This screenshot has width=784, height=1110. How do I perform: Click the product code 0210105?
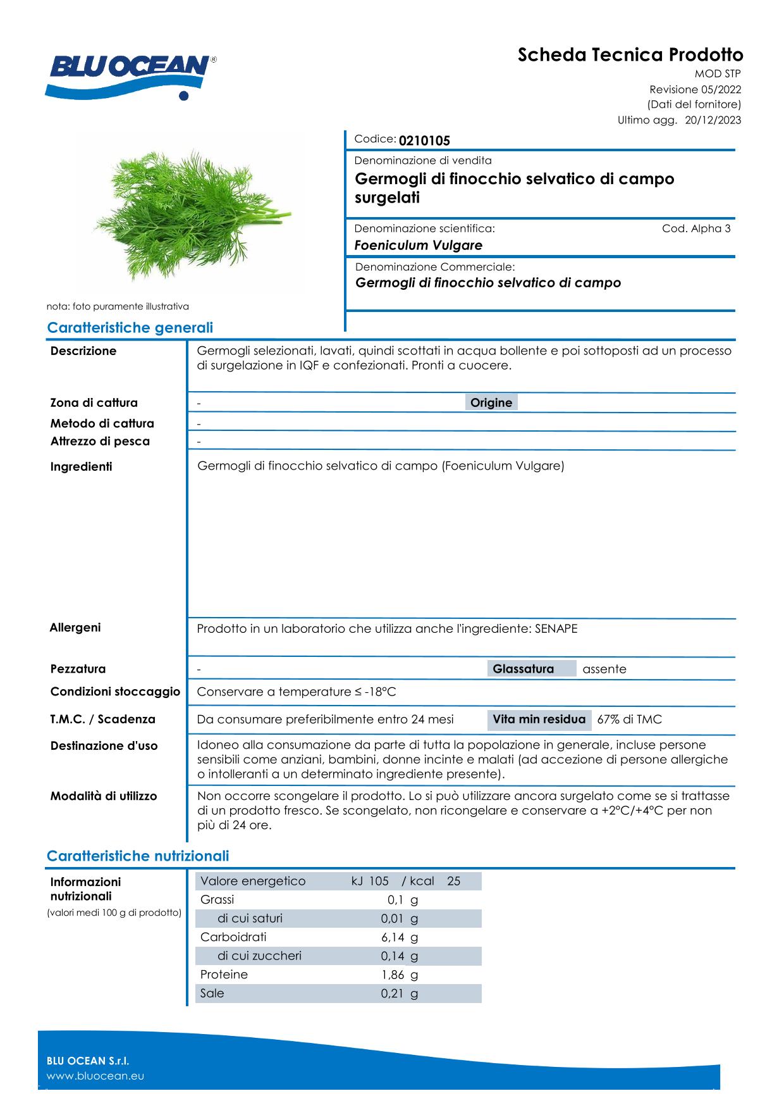tap(424, 140)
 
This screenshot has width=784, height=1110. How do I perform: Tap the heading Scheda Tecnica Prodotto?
tap(630, 54)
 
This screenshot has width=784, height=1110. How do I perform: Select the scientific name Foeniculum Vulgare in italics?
tap(418, 246)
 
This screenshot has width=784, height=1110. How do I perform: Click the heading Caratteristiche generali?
tap(130, 328)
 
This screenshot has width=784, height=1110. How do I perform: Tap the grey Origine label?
tap(491, 402)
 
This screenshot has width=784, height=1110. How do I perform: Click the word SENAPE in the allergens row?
tap(556, 628)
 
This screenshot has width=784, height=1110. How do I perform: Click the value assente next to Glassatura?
tap(604, 669)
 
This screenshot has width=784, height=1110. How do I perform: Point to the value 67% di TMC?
tap(629, 720)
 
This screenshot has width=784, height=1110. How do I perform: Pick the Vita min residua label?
tap(539, 720)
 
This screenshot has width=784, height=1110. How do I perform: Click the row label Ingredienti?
tap(81, 467)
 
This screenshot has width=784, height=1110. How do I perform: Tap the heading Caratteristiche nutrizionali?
tap(138, 856)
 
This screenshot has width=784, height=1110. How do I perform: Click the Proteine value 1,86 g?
tap(399, 975)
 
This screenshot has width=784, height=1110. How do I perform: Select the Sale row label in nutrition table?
tap(212, 994)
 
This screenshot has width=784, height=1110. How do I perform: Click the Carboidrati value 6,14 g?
tap(399, 937)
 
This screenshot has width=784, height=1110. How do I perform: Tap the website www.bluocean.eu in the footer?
tap(95, 1076)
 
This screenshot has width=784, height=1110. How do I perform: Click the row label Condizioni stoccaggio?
tap(115, 692)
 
